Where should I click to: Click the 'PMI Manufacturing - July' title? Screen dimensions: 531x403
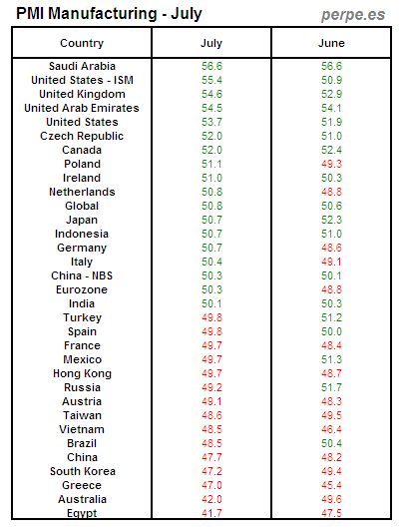point(110,14)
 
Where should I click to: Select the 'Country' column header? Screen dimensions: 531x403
point(82,44)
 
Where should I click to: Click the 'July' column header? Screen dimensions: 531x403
point(211,44)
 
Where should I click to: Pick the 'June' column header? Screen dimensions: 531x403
point(331,44)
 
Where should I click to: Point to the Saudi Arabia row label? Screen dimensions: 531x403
point(82,66)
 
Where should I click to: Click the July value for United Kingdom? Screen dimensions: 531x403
point(211,94)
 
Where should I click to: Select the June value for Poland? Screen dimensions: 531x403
point(331,164)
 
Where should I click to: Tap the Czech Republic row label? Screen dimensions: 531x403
point(82,136)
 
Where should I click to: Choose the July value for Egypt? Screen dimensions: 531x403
point(211,513)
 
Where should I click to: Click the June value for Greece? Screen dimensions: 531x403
point(331,485)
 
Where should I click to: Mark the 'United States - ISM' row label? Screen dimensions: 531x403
point(82,80)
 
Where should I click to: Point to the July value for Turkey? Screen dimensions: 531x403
point(211,317)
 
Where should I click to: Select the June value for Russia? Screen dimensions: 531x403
point(331,387)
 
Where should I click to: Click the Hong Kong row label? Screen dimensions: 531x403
point(82,373)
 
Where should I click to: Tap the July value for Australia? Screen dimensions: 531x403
point(211,499)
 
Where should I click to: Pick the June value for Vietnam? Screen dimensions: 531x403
point(331,429)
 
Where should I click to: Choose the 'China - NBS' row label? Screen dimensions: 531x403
point(82,275)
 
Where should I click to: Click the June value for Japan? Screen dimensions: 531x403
point(331,220)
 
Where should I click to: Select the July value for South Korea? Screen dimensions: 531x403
point(211,471)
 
